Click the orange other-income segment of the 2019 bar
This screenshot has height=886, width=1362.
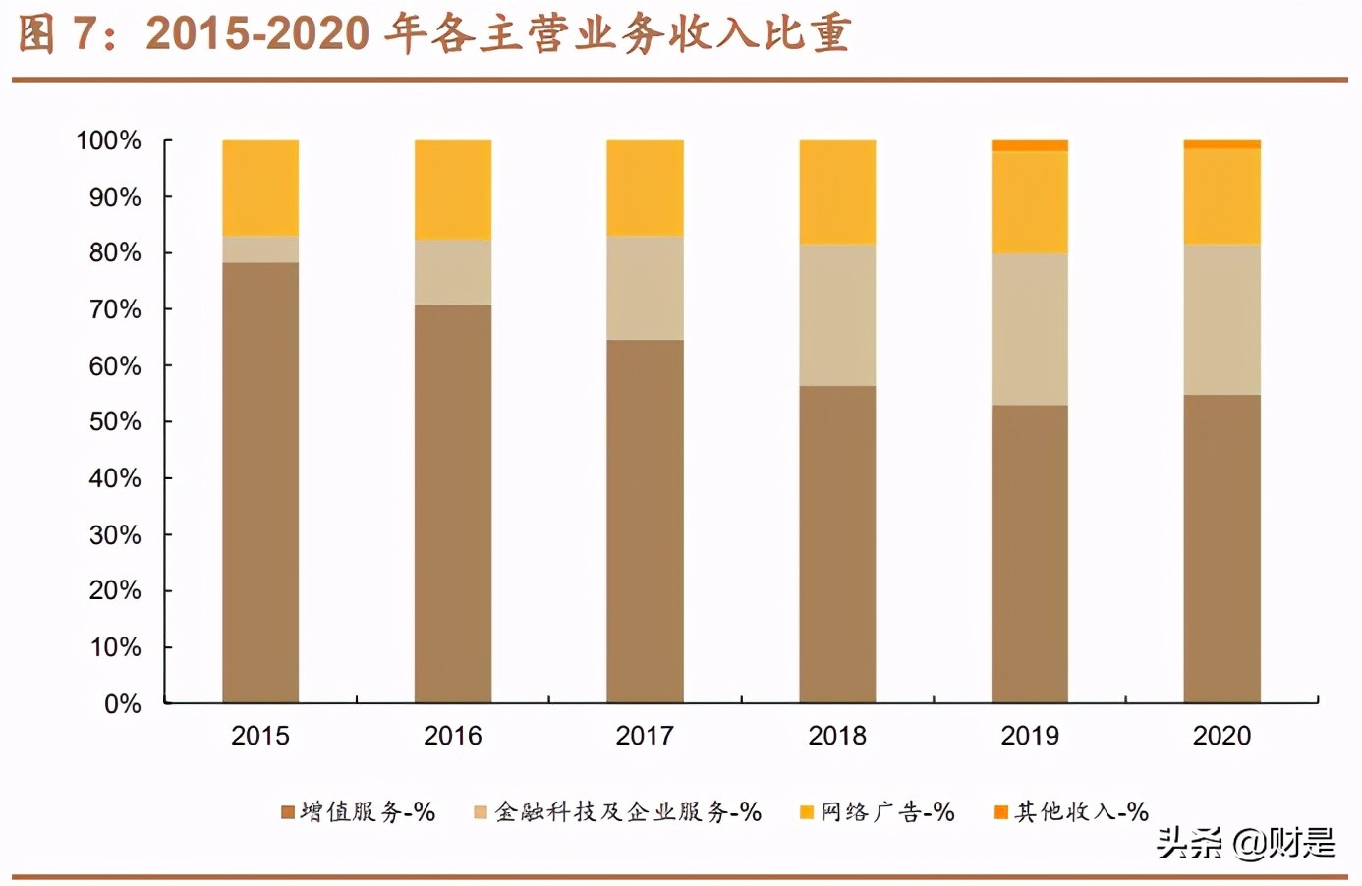(1029, 146)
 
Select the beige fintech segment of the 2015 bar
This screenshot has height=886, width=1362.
(260, 249)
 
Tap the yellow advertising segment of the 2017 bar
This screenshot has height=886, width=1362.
(645, 188)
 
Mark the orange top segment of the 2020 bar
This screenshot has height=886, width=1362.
(1221, 144)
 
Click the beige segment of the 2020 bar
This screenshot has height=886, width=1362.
(1221, 319)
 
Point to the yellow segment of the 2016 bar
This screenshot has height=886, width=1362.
(453, 190)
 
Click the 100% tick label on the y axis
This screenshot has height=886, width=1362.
(108, 140)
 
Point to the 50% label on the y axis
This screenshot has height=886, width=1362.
(114, 421)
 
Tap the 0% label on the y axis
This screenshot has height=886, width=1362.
(122, 703)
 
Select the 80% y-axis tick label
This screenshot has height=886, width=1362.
(114, 252)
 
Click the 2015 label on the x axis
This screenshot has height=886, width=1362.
(260, 736)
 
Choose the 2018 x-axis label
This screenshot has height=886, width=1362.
(837, 736)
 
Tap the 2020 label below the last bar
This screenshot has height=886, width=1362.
(1221, 736)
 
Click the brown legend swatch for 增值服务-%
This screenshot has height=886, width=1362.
(288, 812)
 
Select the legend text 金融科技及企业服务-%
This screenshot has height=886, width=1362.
(628, 812)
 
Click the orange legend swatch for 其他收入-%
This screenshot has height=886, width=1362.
(1001, 812)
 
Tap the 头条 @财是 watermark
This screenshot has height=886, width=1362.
(1245, 842)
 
